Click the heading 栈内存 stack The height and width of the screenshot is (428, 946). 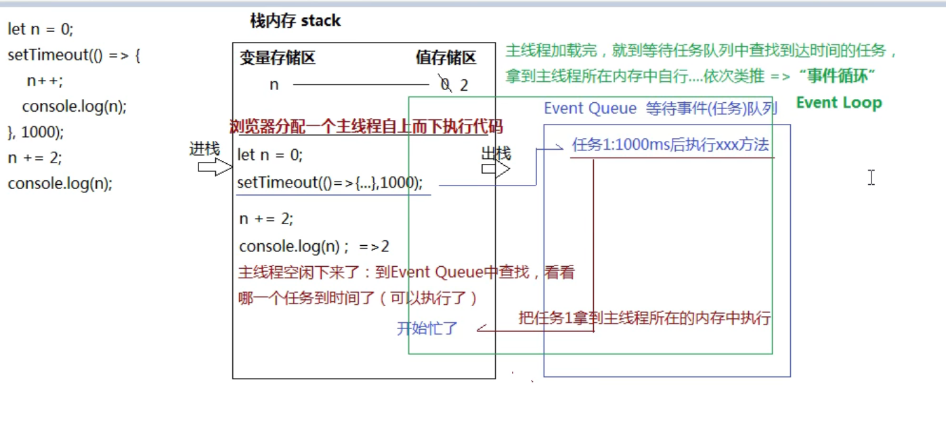point(295,21)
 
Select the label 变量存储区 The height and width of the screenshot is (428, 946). point(277,58)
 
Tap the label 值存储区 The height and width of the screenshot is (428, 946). point(446,58)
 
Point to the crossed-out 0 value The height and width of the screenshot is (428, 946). point(445,85)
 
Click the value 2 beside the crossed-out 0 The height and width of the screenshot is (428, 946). point(464,85)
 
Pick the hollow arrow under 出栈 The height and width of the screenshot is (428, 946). point(496,169)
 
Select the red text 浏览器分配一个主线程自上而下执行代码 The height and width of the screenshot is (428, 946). point(366,127)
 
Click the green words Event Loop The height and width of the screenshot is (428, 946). point(838,103)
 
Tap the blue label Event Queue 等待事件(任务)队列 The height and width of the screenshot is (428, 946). point(660,108)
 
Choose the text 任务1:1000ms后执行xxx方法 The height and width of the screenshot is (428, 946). point(670,146)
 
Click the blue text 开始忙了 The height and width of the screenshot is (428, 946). point(427,329)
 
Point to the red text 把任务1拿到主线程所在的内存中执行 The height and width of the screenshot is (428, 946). point(645,318)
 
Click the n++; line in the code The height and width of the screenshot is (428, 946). point(45,81)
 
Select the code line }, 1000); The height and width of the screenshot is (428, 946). point(35,132)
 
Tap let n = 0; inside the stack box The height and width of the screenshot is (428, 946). point(270,155)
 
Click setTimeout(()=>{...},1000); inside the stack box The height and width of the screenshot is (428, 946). point(330,183)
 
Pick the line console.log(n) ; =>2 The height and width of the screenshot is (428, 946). point(314,247)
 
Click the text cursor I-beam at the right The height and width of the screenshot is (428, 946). point(871,177)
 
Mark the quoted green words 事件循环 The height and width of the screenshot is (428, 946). point(838,77)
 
